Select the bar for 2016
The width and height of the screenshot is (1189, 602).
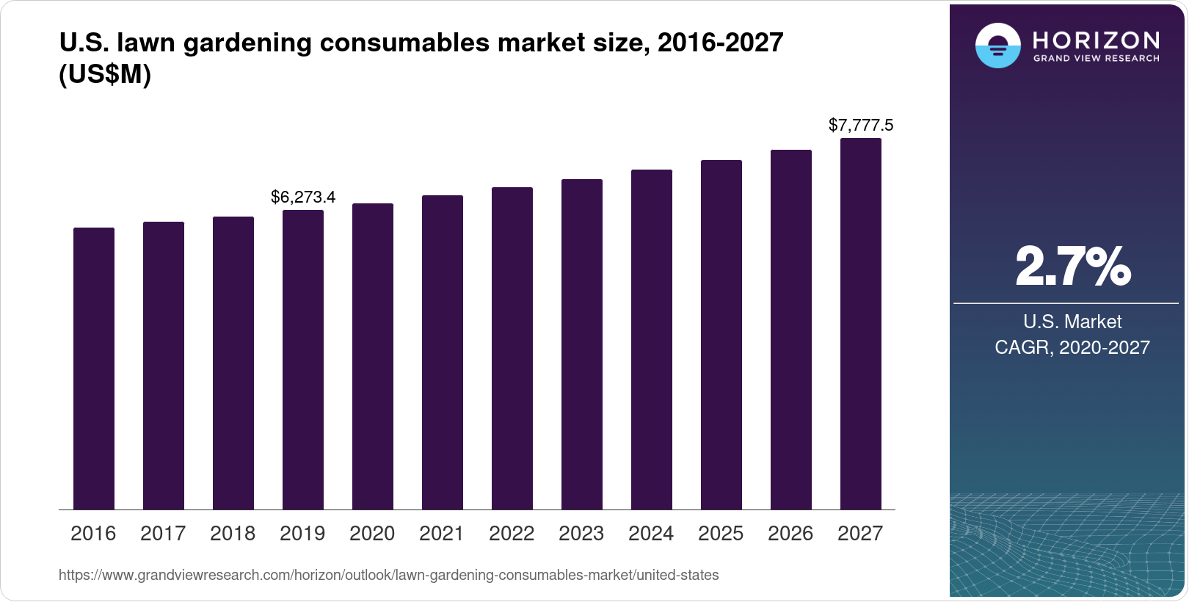(x=94, y=369)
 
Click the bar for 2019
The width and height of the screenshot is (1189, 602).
(x=303, y=360)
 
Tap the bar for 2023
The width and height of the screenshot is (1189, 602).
(x=582, y=344)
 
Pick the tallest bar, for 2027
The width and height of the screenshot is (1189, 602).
(x=861, y=324)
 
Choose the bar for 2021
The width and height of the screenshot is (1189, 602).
(x=443, y=352)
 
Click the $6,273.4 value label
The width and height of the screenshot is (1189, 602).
(x=303, y=197)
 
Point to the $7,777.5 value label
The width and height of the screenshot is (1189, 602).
(x=861, y=125)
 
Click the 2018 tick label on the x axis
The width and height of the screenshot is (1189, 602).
(x=233, y=534)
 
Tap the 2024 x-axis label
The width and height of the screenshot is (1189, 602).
(x=651, y=534)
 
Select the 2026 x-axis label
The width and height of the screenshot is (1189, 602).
(x=790, y=534)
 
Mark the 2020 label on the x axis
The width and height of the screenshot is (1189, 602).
(x=372, y=534)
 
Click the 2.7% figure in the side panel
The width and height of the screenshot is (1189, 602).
(x=1072, y=266)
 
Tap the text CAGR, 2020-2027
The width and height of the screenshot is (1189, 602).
(x=1072, y=347)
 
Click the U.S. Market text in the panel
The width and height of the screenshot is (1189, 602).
(x=1072, y=322)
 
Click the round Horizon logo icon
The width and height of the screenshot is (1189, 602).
(x=997, y=46)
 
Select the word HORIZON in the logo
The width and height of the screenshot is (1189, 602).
(x=1096, y=40)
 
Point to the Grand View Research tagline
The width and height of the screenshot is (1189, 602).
(x=1096, y=59)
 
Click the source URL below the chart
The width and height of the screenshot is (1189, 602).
(x=388, y=575)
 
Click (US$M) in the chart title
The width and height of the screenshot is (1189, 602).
(x=105, y=74)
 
